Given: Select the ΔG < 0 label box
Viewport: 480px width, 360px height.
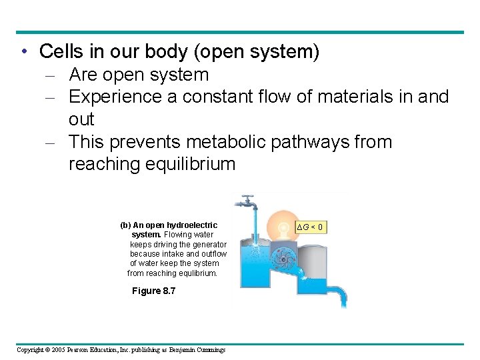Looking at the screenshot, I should coord(311,227).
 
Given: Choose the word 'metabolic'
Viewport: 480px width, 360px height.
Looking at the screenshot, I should coord(229,142).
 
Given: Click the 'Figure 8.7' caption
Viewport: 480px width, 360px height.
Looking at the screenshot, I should coord(153,291).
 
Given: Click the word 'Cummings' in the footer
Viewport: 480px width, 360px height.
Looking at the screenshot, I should coord(210,350).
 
